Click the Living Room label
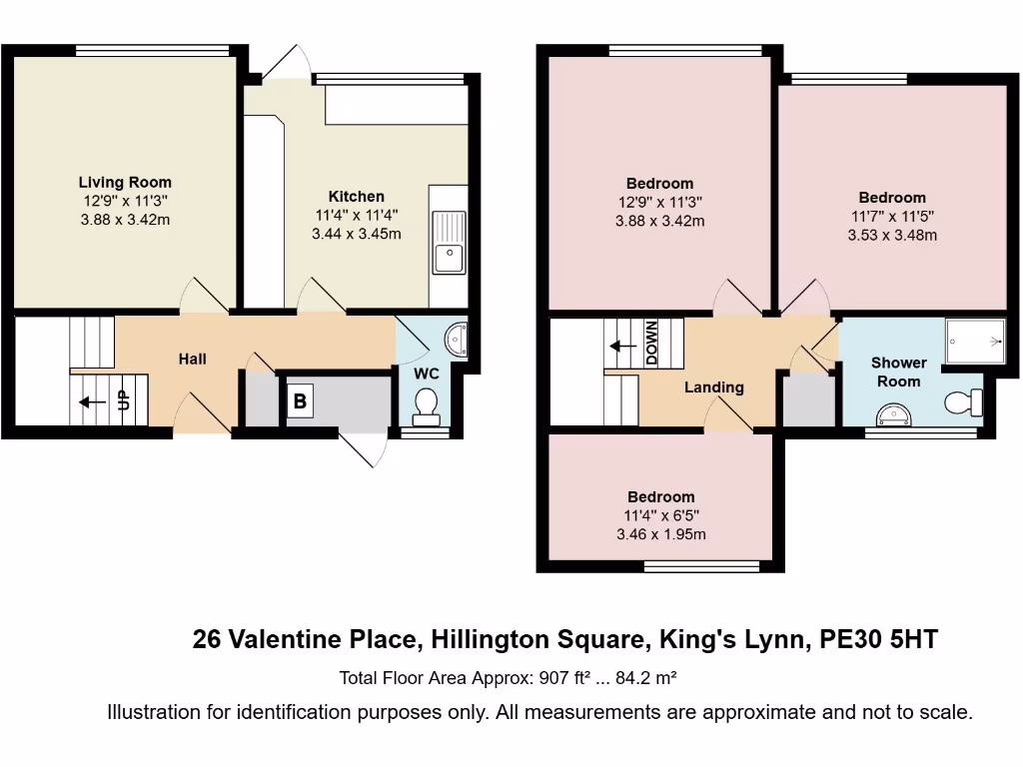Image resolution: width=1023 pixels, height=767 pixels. [x=125, y=183]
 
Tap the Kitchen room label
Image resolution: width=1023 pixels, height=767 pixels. [x=356, y=197]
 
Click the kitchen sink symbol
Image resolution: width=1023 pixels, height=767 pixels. [x=449, y=243]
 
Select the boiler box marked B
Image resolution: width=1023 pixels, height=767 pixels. [x=299, y=402]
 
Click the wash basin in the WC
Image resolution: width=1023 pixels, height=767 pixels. [x=458, y=340]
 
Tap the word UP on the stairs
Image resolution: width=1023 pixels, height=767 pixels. [x=124, y=400]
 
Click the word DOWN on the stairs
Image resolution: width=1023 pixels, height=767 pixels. [x=650, y=344]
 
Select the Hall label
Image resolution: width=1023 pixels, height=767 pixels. [x=193, y=359]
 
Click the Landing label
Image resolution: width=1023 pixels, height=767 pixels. [x=713, y=387]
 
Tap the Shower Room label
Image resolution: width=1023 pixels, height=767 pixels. [x=898, y=372]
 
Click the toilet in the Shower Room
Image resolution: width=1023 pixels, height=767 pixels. [x=965, y=402]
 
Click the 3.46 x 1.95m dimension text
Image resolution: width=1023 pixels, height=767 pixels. [x=660, y=534]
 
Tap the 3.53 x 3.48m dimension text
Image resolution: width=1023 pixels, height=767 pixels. [x=891, y=236]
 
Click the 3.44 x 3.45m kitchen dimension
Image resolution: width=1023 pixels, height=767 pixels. [x=356, y=235]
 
